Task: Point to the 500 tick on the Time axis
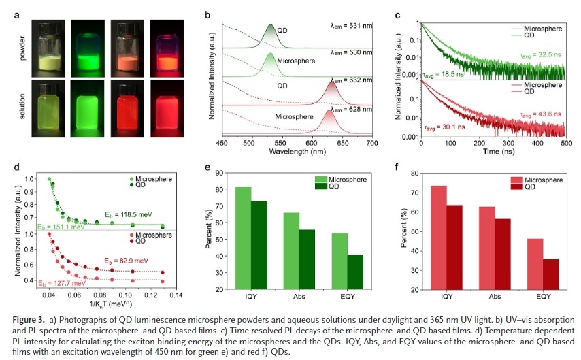click(x=565, y=144)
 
